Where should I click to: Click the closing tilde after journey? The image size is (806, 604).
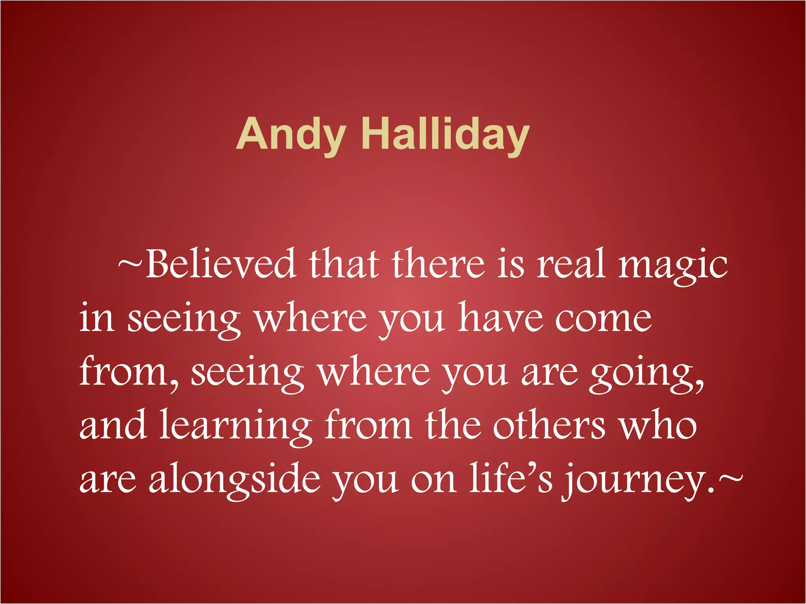click(x=730, y=477)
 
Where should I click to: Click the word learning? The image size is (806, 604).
click(x=235, y=427)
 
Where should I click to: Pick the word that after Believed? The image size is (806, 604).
click(x=344, y=263)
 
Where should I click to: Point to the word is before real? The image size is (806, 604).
click(x=510, y=263)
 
